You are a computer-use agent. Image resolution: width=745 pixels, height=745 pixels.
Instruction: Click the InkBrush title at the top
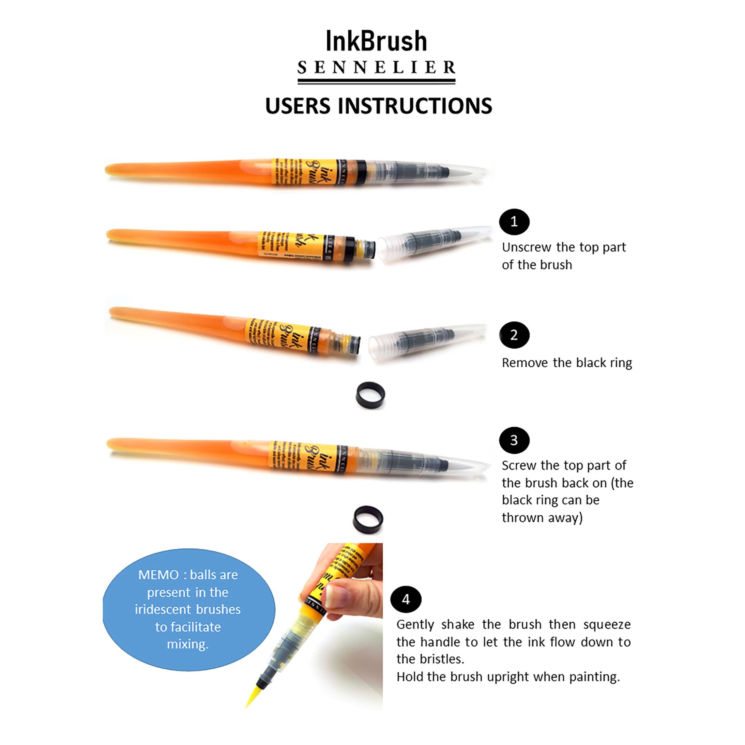[376, 42]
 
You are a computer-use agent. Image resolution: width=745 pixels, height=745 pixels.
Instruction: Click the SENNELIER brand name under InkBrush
[376, 68]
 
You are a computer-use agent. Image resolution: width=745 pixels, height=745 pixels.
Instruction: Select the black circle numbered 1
[514, 222]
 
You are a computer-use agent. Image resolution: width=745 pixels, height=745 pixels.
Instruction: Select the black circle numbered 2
[514, 335]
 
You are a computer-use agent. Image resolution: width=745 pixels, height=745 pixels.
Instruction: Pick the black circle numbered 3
[514, 440]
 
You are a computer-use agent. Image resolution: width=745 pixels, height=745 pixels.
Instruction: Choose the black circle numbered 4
[406, 599]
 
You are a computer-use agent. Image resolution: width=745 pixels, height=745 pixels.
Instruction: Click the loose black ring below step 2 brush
[370, 395]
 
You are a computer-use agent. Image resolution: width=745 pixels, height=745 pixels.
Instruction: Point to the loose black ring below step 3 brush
[368, 519]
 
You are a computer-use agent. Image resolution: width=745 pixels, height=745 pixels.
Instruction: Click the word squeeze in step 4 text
[607, 624]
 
